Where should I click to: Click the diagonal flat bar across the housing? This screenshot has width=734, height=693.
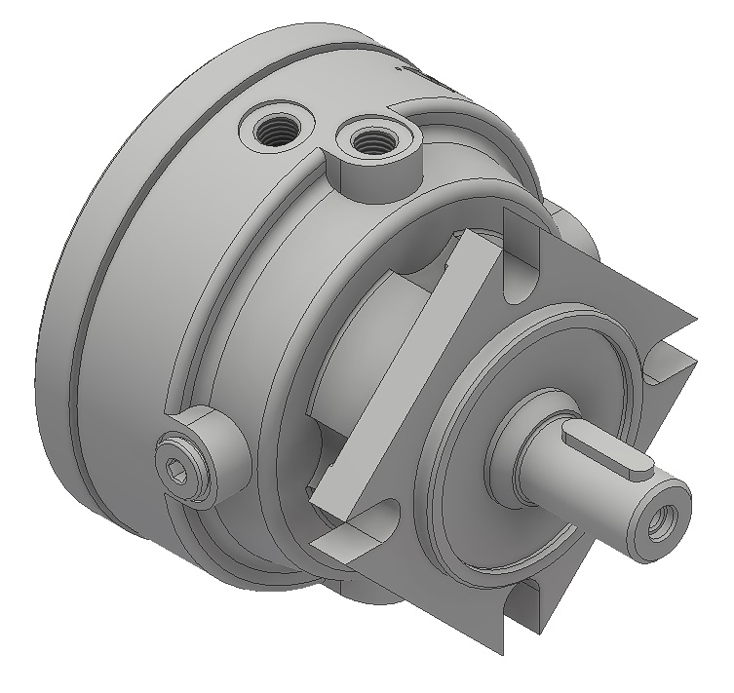tap(409, 370)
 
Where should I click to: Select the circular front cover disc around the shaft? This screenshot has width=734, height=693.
tap(487, 526)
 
